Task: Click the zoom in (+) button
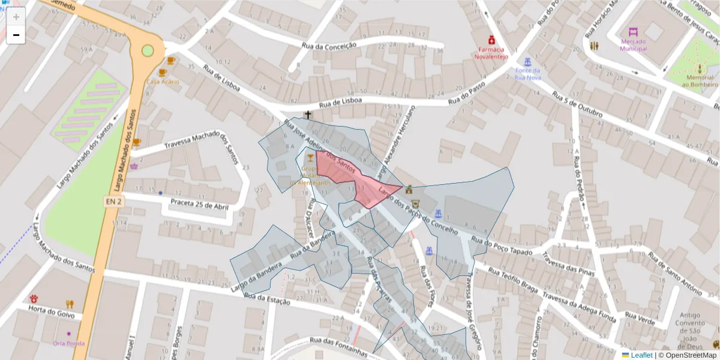(x=16, y=17)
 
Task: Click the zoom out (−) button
(x=16, y=35)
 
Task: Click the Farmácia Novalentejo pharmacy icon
(x=491, y=40)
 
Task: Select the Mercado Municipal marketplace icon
(x=634, y=32)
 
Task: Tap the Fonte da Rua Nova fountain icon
(x=527, y=62)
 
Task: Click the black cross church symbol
(x=308, y=115)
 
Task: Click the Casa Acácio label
(x=163, y=81)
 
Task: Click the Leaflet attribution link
(x=641, y=355)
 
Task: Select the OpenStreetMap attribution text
(x=688, y=355)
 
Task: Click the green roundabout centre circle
(x=148, y=50)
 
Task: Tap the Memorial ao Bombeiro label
(x=699, y=81)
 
